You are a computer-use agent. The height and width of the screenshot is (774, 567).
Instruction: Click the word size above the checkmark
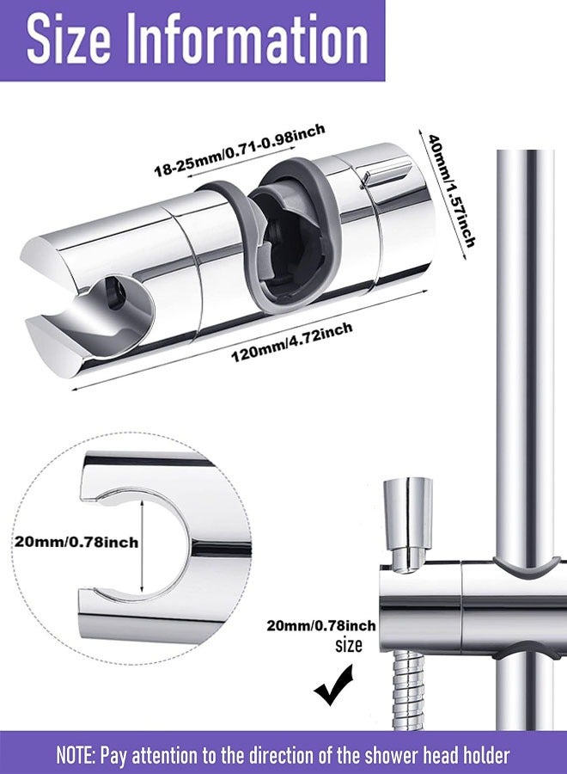[x=347, y=646]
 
